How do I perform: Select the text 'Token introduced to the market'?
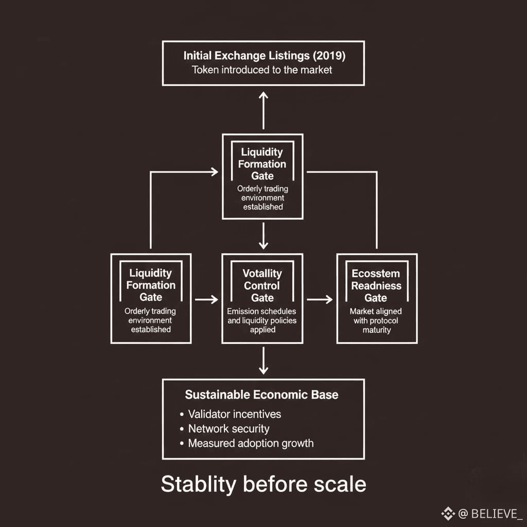(x=262, y=70)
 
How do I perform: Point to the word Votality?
(x=262, y=273)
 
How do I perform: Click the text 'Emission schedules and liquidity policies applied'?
(x=262, y=320)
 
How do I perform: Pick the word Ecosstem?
(x=376, y=274)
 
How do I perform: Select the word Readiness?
(x=376, y=286)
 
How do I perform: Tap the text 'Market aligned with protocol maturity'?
(x=376, y=320)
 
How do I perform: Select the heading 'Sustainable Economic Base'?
(x=262, y=395)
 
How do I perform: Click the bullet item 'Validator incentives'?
(x=234, y=414)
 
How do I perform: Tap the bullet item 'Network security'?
(x=229, y=428)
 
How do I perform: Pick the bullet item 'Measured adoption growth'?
(x=251, y=443)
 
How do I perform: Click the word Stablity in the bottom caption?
(x=198, y=484)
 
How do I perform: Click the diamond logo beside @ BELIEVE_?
(x=448, y=513)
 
